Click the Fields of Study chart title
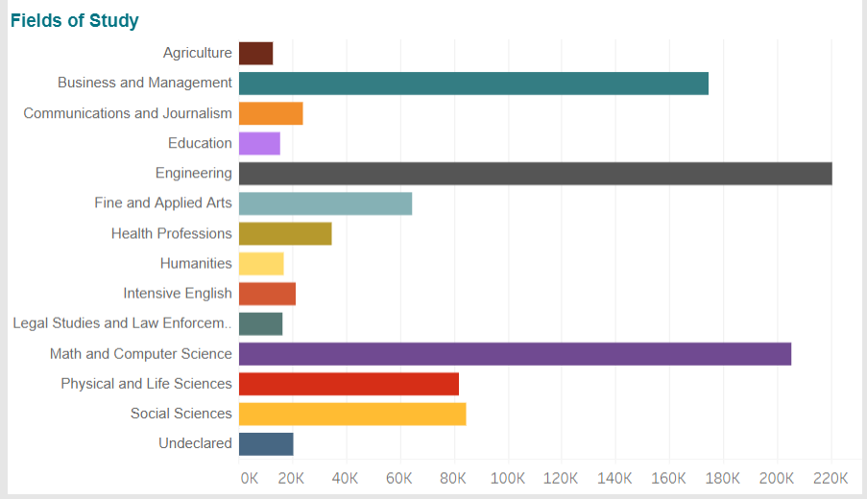(x=75, y=20)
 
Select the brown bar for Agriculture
(x=255, y=54)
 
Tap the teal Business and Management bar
(x=473, y=83)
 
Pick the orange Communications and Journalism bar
(x=271, y=113)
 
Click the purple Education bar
(x=259, y=143)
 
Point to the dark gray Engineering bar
(x=535, y=174)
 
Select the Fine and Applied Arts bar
(x=325, y=203)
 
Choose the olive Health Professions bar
(x=285, y=233)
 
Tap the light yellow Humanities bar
(x=261, y=263)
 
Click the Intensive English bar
(x=267, y=294)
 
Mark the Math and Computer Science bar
(x=515, y=354)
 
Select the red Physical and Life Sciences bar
(x=349, y=384)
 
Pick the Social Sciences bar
(x=352, y=414)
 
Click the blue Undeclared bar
(x=266, y=444)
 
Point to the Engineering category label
(x=194, y=174)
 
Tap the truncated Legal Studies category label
(x=122, y=323)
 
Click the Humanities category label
(x=196, y=263)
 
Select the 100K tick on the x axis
(x=507, y=478)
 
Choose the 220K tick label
(x=831, y=478)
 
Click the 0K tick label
(x=249, y=478)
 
